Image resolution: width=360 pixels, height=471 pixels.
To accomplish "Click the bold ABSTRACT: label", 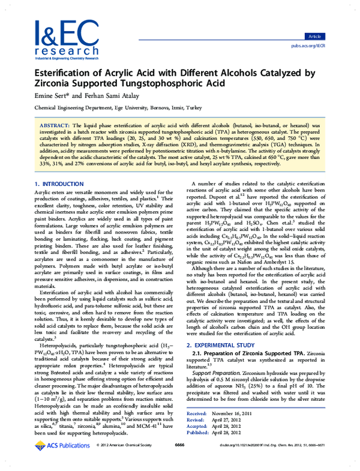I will click(x=53, y=120).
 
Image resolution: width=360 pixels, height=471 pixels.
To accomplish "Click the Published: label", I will click(x=197, y=450).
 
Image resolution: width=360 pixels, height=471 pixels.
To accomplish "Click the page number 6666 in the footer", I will click(x=179, y=462).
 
